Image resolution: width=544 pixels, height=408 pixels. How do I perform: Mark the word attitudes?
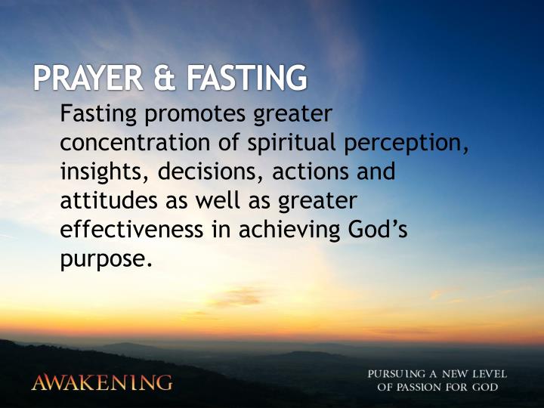click(107, 201)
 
